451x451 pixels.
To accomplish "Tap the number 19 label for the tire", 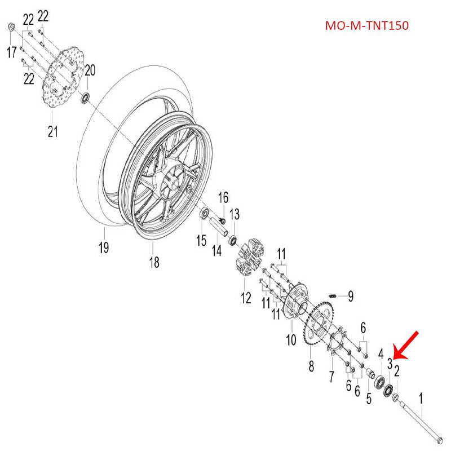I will [104, 247].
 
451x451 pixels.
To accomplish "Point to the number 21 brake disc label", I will [52, 132].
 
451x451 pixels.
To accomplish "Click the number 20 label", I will [90, 70].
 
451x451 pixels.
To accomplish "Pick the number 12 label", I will [246, 298].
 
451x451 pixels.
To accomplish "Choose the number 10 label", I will [291, 341].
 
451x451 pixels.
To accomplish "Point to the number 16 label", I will [224, 197].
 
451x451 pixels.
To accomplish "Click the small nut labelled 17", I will [11, 27].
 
